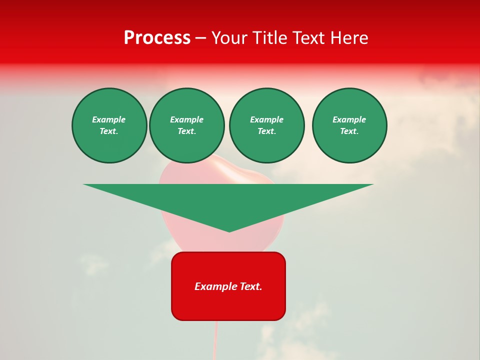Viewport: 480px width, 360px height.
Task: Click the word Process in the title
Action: tap(157, 38)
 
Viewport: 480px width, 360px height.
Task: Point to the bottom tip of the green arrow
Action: tap(229, 230)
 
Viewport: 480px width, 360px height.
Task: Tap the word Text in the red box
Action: tap(251, 286)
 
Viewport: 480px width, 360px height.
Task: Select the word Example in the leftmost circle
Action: tap(109, 119)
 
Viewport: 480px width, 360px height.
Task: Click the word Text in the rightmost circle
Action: tap(349, 131)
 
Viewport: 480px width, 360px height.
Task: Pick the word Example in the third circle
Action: tap(266, 119)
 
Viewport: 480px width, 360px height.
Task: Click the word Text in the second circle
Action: tap(186, 131)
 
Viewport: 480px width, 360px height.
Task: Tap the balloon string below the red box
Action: tap(216, 340)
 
